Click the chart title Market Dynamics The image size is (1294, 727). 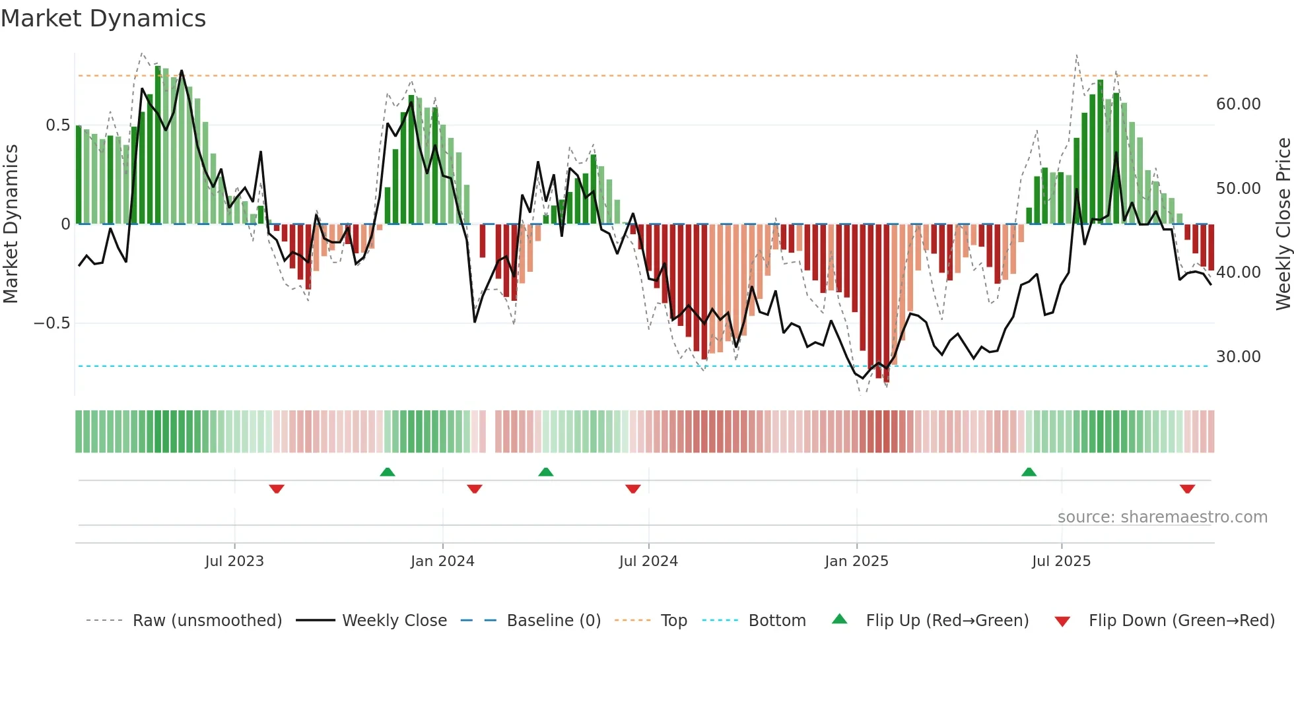coord(103,18)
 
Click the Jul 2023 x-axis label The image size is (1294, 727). coord(234,561)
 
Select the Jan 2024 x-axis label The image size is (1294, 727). coord(442,561)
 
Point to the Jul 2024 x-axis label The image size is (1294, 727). coord(648,561)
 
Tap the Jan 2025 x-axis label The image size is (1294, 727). coord(856,561)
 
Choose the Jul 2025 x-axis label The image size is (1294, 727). coord(1061,561)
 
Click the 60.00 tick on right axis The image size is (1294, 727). coord(1238,104)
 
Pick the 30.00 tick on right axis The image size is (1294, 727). coord(1238,357)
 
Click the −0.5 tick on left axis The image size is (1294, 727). coord(51,323)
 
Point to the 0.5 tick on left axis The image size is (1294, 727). coord(57,125)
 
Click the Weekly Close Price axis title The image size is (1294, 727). coord(1283,224)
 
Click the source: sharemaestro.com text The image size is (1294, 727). coord(1162,517)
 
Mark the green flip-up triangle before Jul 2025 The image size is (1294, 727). coord(1029,472)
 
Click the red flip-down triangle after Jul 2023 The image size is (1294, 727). coord(277,489)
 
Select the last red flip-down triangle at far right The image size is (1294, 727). coord(1187,489)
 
